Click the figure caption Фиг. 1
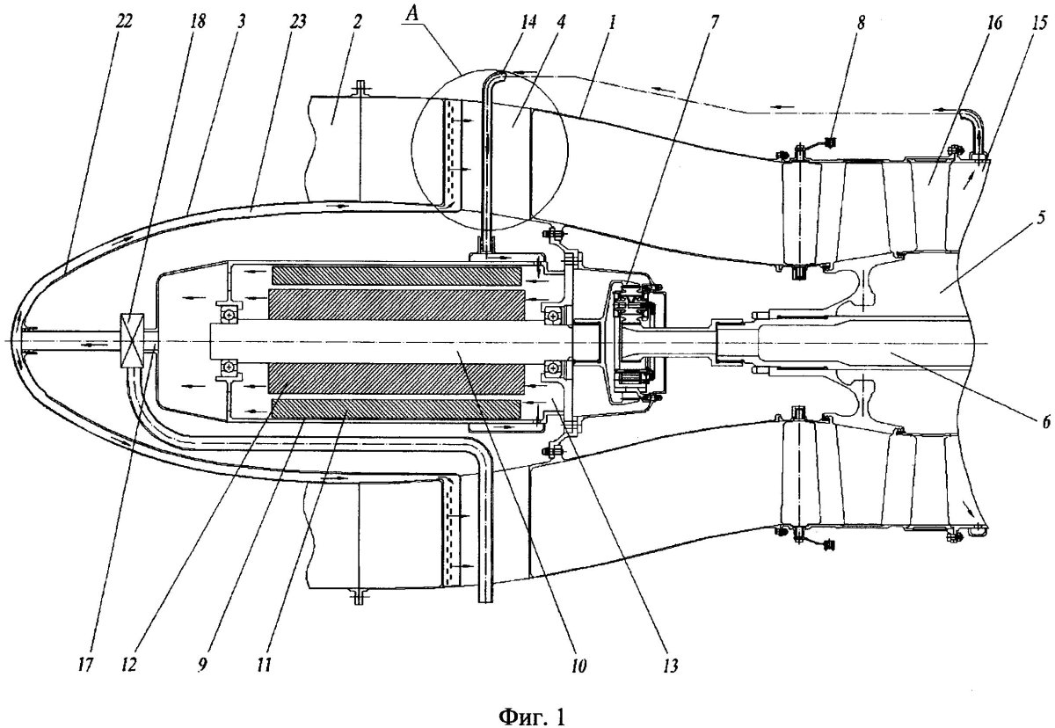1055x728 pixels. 526,716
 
